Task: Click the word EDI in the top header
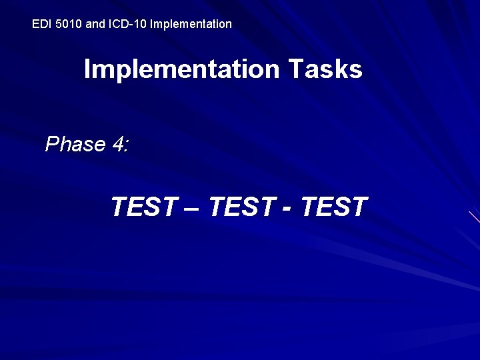41,24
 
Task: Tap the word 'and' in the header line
96,24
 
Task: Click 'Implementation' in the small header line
191,24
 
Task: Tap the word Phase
75,144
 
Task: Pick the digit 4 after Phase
117,144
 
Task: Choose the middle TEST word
240,207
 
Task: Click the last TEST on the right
334,207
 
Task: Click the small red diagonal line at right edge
474,217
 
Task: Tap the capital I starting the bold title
87,69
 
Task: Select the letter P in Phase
51,144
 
